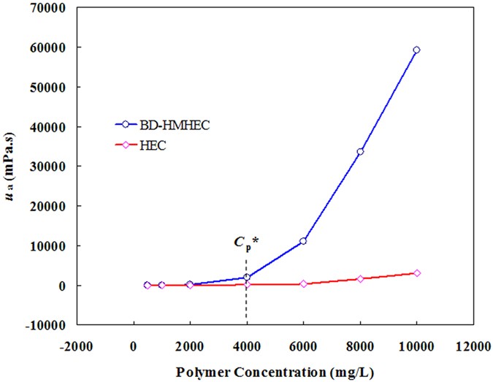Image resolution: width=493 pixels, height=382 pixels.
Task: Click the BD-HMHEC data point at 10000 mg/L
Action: [x=416, y=50]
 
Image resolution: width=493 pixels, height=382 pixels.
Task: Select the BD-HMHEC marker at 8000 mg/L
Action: [x=360, y=152]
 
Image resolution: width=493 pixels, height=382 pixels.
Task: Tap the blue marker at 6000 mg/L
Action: [x=303, y=241]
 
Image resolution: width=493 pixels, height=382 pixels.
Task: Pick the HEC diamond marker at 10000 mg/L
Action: [x=416, y=273]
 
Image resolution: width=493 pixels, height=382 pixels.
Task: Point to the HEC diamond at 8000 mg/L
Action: [x=360, y=279]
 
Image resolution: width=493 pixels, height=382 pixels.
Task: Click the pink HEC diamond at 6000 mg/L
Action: [x=303, y=283]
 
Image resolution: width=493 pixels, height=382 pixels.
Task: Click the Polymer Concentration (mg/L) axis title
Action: [x=275, y=372]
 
